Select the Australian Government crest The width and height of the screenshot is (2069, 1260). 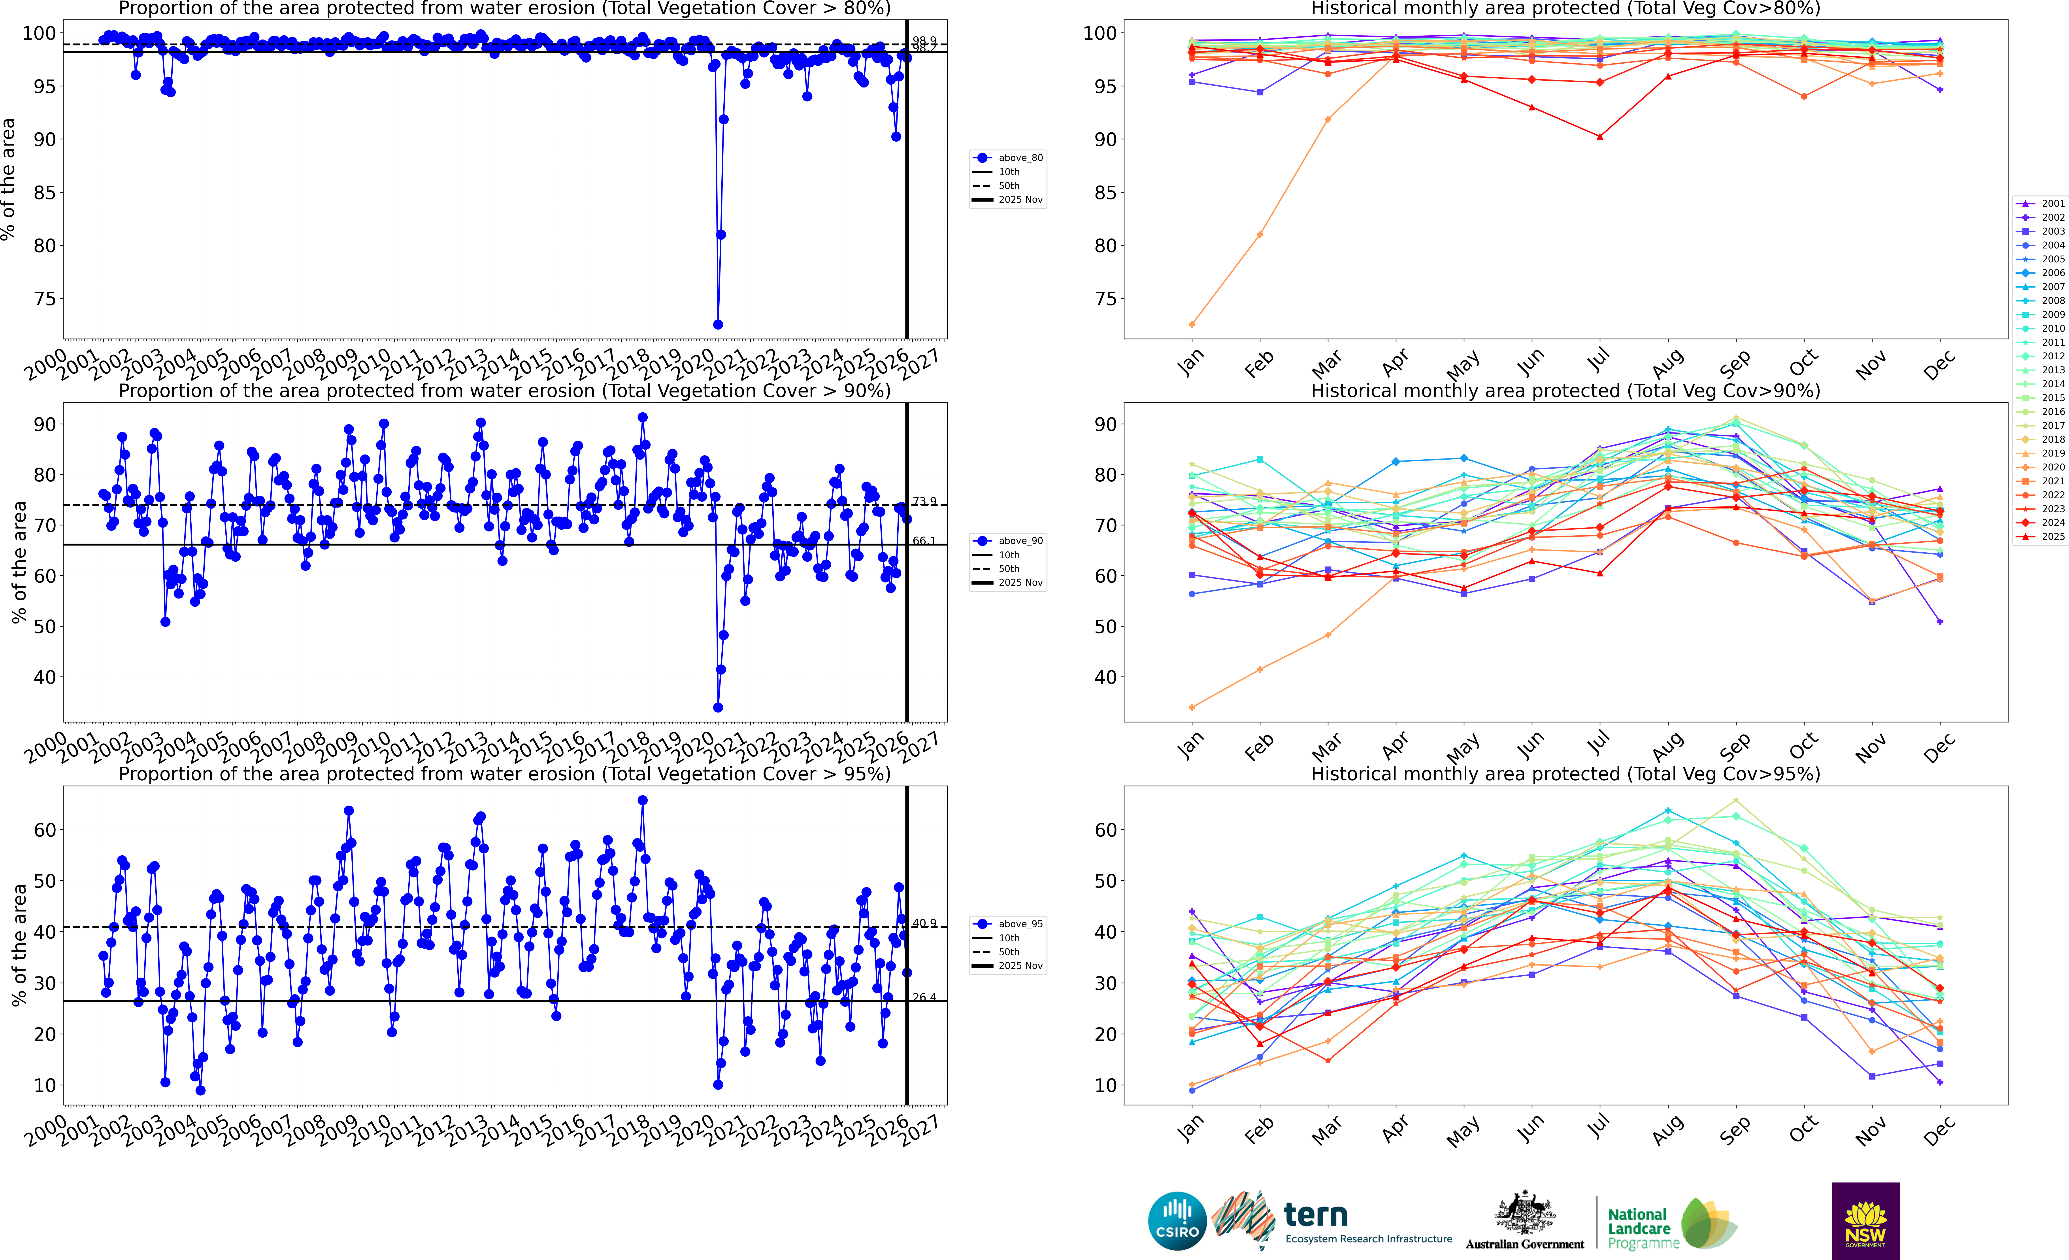pyautogui.click(x=1524, y=1214)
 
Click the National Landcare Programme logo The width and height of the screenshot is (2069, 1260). pyautogui.click(x=1671, y=1225)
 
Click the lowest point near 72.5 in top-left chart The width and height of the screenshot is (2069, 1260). pyautogui.click(x=718, y=324)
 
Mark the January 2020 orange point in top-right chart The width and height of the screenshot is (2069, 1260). pyautogui.click(x=1192, y=324)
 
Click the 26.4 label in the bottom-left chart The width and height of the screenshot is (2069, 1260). pyautogui.click(x=924, y=997)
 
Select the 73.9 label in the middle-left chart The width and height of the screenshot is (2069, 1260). pyautogui.click(x=924, y=502)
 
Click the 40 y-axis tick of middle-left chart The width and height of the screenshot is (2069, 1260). pyautogui.click(x=45, y=677)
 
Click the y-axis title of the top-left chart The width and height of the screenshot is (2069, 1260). pyautogui.click(x=8, y=179)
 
